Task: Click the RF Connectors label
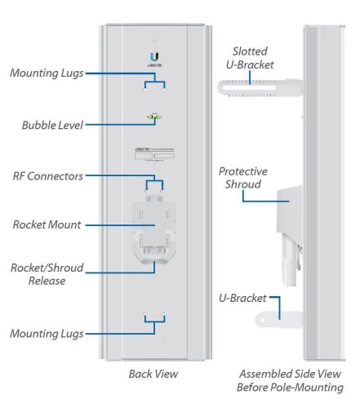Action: [x=47, y=175]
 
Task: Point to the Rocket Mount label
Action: [x=47, y=224]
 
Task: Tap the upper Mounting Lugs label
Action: [x=47, y=73]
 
